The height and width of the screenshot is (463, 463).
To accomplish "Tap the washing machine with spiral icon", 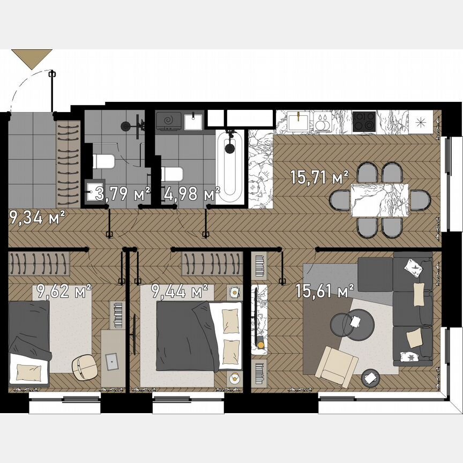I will click(169, 121).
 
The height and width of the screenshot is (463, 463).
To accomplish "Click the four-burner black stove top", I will click(364, 122).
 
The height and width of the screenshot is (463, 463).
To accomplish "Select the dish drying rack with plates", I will click(323, 122).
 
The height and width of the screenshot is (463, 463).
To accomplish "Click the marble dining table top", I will click(379, 200).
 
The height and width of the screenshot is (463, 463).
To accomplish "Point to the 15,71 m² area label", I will click(319, 177).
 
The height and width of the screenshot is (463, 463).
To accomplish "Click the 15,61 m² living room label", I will click(325, 291).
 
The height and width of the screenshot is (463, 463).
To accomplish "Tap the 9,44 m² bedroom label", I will click(180, 292).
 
